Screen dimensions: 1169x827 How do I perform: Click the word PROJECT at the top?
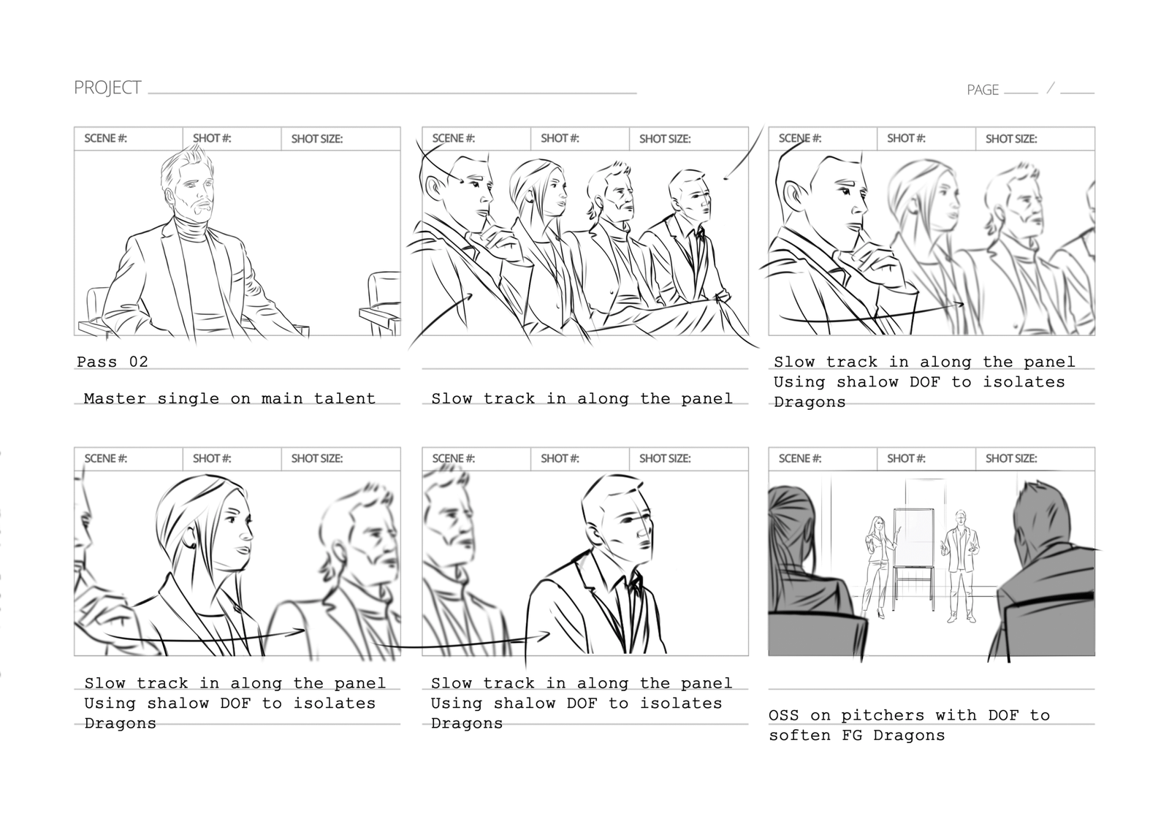click(x=107, y=88)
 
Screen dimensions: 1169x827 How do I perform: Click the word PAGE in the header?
click(x=983, y=90)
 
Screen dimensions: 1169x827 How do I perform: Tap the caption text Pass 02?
click(x=113, y=362)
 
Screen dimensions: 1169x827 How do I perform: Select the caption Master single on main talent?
click(x=229, y=399)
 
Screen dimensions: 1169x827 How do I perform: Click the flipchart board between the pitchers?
click(x=913, y=538)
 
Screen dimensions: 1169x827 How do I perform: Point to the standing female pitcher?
click(x=880, y=566)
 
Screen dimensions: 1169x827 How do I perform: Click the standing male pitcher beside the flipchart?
click(x=960, y=566)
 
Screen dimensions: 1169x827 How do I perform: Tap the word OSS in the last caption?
click(x=784, y=714)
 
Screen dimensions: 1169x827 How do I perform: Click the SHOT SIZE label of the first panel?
click(x=317, y=139)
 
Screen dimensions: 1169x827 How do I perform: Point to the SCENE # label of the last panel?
click(x=799, y=459)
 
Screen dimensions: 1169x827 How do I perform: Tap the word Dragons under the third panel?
click(x=810, y=403)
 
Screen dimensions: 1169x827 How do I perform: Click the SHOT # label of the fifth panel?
click(x=560, y=459)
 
